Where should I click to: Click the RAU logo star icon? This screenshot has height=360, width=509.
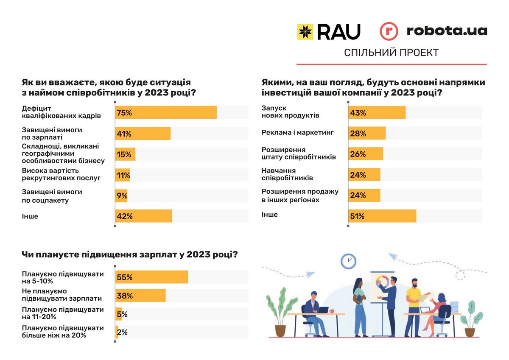305,32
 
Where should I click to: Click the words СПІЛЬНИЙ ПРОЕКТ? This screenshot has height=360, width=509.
391,53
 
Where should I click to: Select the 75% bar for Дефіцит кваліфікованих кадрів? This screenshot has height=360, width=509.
166,112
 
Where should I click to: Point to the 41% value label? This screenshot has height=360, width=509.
124,134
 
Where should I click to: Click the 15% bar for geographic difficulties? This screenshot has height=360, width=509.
125,154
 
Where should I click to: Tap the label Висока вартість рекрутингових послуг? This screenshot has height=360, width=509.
61,174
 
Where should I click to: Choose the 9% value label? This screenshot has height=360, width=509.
122,196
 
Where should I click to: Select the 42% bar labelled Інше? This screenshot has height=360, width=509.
143,216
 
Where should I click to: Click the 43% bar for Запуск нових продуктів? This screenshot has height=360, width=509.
377,113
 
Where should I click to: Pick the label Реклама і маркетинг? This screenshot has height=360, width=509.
298,133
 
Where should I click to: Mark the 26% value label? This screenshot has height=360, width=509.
358,154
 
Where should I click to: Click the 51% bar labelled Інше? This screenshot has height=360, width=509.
382,216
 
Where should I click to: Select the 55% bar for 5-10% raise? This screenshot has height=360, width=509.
151,277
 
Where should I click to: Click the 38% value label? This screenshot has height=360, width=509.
124,296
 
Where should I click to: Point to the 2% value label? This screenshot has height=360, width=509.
122,333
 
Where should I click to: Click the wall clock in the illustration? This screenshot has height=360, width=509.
348,260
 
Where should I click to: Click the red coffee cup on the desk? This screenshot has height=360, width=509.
332,311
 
